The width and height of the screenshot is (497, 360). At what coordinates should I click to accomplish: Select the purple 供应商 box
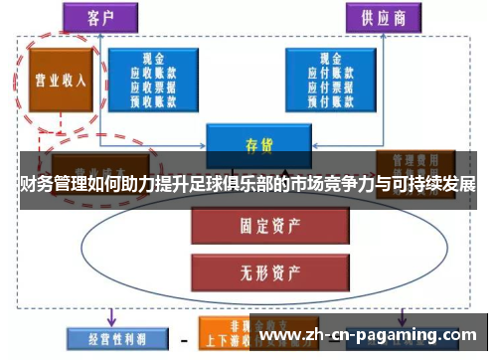pyautogui.click(x=380, y=16)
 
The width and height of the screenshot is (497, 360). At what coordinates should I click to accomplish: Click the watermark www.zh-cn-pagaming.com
pyautogui.click(x=368, y=335)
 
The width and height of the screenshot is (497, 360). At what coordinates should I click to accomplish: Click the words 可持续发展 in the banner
pyautogui.click(x=436, y=185)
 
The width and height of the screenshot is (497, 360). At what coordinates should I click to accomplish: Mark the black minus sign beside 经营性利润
pyautogui.click(x=184, y=341)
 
